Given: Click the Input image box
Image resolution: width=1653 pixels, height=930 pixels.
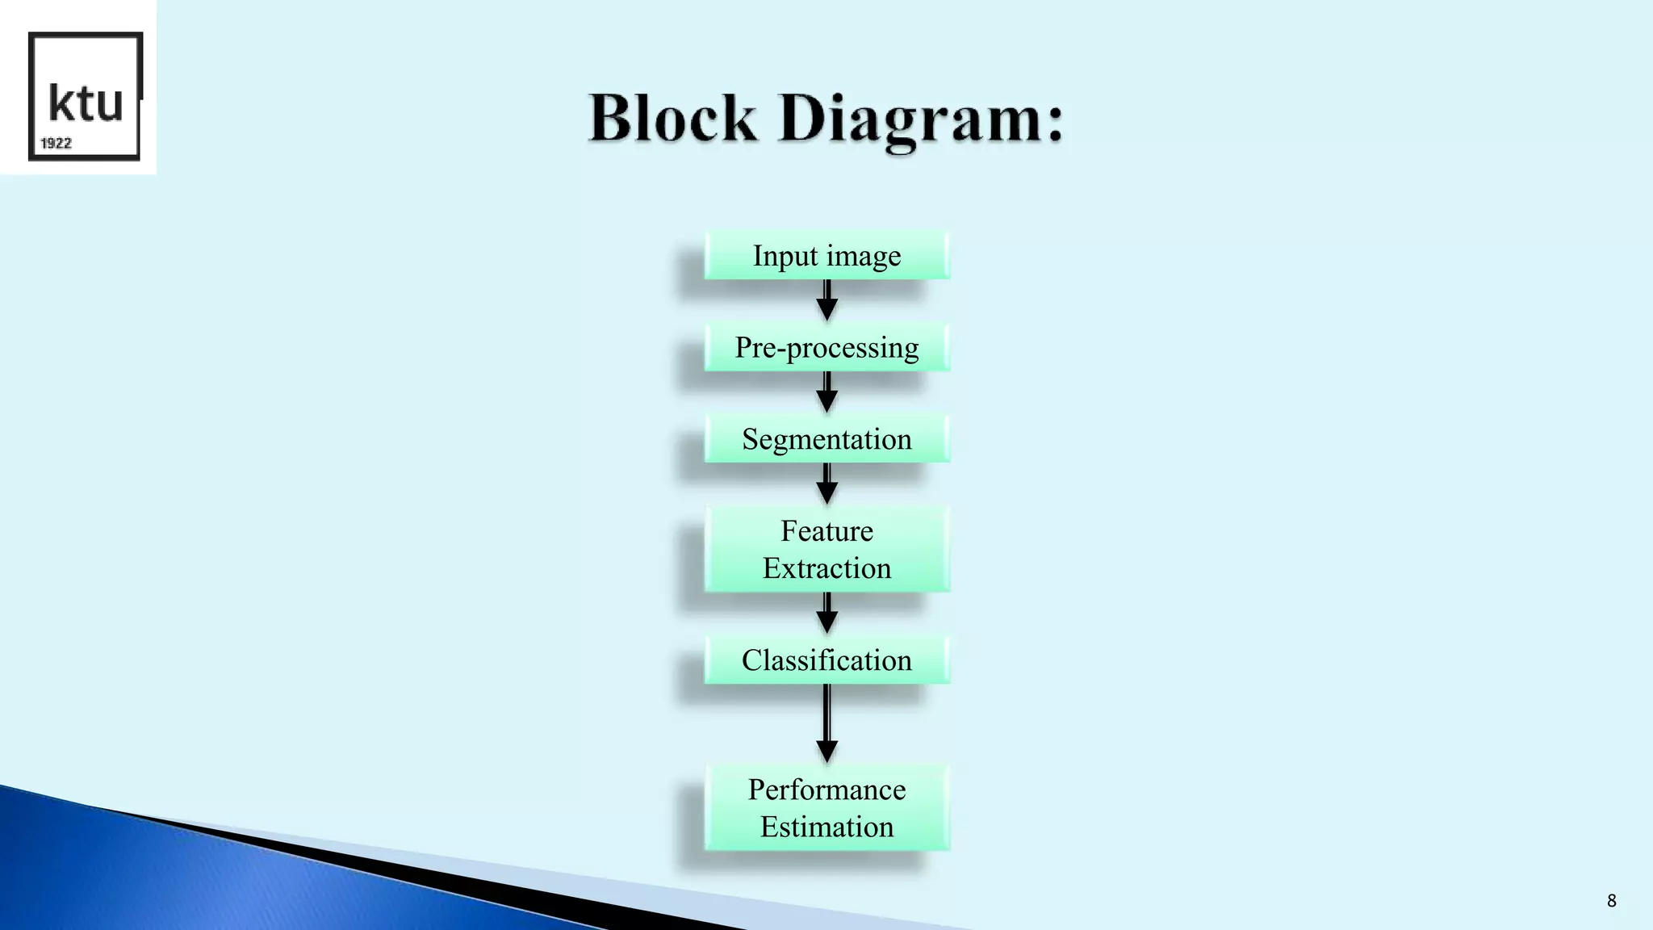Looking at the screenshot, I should pos(826,256).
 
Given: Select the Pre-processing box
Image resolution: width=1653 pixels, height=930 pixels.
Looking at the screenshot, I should pos(826,348).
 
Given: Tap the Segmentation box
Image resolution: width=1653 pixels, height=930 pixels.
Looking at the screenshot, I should pos(826,439).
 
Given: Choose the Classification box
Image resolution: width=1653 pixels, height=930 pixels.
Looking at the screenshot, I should pos(826,660).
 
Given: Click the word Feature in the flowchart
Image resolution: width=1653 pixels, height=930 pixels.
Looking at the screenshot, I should pos(826,531).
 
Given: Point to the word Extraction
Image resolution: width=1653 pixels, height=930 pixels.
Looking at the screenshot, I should pos(826,568).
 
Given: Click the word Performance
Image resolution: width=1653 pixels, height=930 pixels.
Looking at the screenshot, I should pos(826,790).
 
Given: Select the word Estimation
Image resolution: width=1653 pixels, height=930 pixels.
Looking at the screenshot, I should pos(826,827).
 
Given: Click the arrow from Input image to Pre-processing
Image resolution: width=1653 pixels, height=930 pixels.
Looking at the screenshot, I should pos(826,301).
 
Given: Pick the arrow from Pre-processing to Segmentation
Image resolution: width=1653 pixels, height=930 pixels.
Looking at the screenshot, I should pos(826,393).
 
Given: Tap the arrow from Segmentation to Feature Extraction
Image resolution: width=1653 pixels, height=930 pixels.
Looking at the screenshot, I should pos(826,484).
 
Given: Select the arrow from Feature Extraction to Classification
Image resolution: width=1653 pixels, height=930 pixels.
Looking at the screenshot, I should pos(826,614).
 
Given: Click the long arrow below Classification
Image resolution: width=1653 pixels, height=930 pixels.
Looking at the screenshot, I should pos(826,723).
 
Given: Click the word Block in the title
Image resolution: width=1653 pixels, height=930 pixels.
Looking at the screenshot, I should pos(672,119).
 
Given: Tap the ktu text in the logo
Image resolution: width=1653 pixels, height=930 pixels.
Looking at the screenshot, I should pos(86,103).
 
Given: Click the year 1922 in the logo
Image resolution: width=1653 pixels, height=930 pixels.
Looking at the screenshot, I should pos(56,143).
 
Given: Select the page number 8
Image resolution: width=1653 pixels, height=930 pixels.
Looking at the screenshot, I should pos(1611,901).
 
